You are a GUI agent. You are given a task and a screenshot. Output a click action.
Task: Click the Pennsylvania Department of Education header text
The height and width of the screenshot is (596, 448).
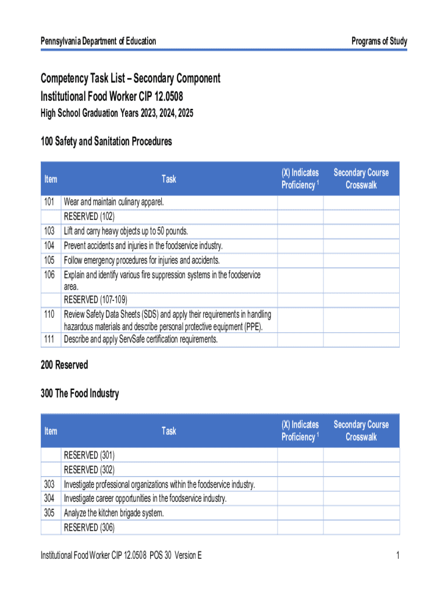click(x=98, y=41)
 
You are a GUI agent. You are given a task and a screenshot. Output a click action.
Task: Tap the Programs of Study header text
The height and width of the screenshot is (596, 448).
click(x=379, y=41)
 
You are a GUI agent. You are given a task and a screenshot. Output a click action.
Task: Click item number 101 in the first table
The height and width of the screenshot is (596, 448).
click(x=49, y=202)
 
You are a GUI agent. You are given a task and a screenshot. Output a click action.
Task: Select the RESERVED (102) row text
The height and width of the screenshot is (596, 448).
click(x=89, y=217)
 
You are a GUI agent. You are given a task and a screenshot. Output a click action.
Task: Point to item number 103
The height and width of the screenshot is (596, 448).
click(x=49, y=231)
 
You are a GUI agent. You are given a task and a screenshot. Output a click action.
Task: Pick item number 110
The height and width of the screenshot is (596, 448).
click(x=49, y=314)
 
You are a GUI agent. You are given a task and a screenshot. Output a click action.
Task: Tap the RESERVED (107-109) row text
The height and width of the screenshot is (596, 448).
click(x=95, y=300)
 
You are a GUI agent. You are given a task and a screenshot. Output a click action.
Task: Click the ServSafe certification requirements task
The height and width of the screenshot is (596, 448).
click(x=141, y=339)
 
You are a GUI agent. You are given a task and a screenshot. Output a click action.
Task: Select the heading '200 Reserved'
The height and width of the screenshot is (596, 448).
click(x=64, y=365)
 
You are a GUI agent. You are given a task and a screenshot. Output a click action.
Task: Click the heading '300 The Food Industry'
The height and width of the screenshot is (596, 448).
click(x=80, y=393)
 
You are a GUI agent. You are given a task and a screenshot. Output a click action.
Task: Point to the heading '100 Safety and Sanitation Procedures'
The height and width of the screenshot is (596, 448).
click(x=106, y=141)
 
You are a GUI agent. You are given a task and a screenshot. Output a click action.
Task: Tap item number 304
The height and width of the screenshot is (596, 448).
click(x=49, y=498)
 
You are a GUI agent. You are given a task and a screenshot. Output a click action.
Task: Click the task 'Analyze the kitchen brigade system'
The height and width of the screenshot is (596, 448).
click(x=114, y=513)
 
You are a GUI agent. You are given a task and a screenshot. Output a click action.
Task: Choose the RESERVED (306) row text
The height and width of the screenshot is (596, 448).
click(x=89, y=527)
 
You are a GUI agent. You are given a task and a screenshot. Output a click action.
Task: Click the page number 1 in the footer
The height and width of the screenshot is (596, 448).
click(x=397, y=556)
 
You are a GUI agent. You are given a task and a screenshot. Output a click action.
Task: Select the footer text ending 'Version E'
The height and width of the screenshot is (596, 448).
click(x=121, y=556)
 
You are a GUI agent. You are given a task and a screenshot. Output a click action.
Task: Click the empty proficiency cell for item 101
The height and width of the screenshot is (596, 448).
click(x=300, y=202)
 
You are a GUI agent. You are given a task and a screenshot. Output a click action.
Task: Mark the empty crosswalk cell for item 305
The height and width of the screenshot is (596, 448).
click(x=361, y=513)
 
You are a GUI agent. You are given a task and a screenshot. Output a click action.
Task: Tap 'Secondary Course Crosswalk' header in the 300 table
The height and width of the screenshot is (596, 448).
click(x=361, y=431)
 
